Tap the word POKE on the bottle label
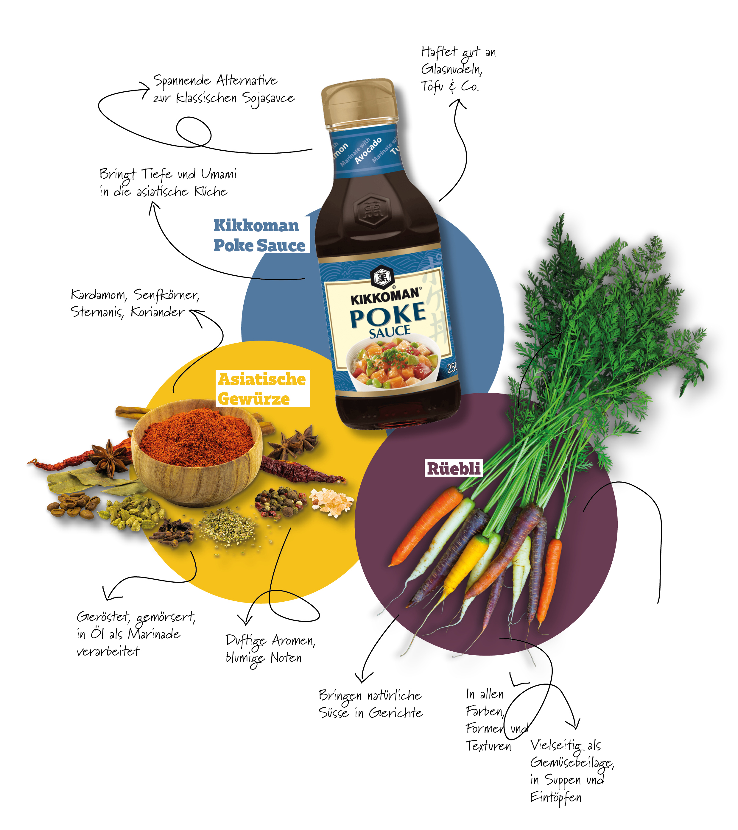coord(388,315)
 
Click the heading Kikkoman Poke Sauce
coord(259,235)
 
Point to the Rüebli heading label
coord(454,468)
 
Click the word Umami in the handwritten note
coord(219,174)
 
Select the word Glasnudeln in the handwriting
coord(451,69)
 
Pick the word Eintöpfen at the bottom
coord(556,798)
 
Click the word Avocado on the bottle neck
coord(368,150)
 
